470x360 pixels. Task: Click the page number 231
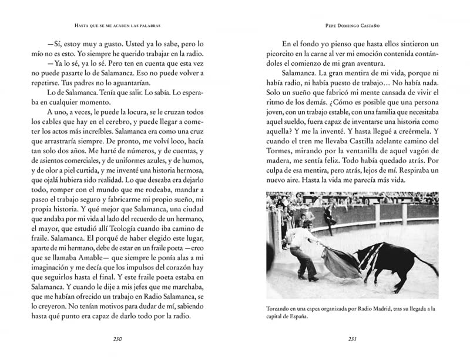(352, 339)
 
